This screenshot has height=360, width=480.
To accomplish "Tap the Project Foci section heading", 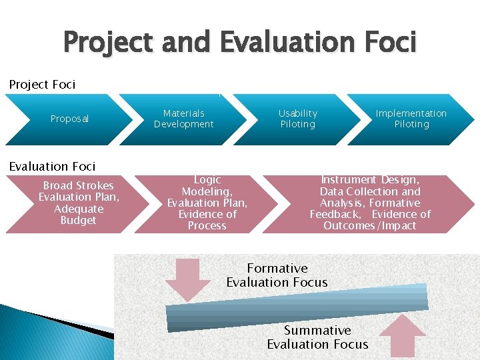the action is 42,85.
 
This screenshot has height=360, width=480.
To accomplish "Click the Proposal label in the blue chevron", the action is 69,119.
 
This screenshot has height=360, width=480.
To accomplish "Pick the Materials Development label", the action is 183,119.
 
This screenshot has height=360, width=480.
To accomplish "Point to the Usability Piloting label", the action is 298,119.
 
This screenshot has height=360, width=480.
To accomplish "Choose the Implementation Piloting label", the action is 411,119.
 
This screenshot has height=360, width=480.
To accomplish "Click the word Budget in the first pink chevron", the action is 78,221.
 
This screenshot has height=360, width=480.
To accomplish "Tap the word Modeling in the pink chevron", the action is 207,191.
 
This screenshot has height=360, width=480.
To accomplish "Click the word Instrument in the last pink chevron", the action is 349,180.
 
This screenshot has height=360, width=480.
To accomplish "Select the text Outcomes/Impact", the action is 369,226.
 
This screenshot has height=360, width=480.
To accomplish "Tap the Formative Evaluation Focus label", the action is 277,275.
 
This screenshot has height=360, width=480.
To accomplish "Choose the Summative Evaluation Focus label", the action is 317,337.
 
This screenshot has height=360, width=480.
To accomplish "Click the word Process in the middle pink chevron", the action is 207,226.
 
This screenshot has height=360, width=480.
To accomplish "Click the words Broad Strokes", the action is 78,185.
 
